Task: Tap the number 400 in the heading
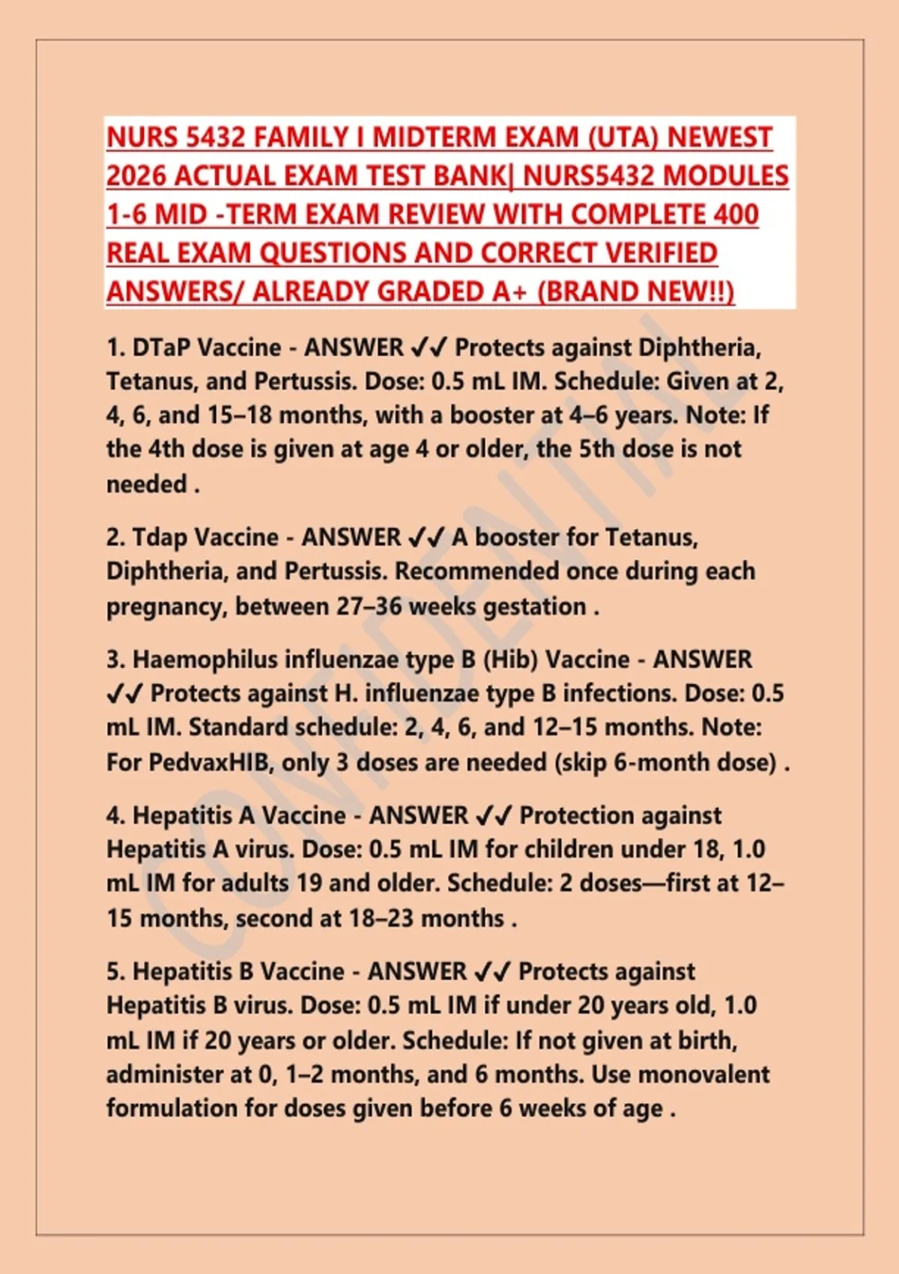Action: pyautogui.click(x=736, y=215)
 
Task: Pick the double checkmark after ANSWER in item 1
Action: pyautogui.click(x=429, y=348)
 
